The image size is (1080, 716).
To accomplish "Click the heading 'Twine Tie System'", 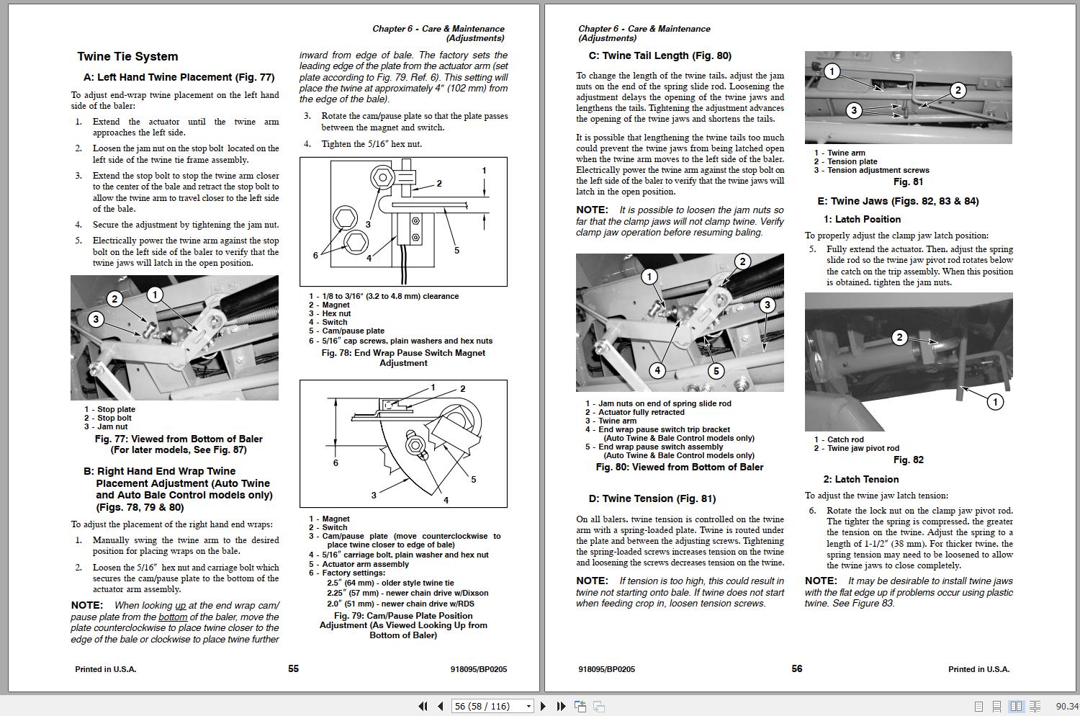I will coord(127,57).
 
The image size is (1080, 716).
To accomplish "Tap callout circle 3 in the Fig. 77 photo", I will coord(96,319).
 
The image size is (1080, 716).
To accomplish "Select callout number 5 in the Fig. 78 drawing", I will coord(456,250).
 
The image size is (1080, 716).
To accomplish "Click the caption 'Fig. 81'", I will coord(908,182).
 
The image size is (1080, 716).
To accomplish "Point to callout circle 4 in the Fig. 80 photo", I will coord(657,370).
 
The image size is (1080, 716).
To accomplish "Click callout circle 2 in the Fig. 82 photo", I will coord(899,337).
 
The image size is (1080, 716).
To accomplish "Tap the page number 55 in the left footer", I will coord(293,669).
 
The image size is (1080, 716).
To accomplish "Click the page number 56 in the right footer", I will coord(796,669).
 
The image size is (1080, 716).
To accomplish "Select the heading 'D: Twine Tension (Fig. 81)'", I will coord(652,498).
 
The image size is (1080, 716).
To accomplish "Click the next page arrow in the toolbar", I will coord(544,707).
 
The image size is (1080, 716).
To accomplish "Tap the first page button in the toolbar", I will coord(423,707).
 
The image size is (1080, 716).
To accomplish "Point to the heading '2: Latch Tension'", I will coord(860,480).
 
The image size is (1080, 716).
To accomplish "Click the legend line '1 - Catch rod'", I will coord(839,439).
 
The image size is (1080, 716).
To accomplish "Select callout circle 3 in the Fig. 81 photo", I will coord(853,110).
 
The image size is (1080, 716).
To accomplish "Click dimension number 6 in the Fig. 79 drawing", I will coord(336,462).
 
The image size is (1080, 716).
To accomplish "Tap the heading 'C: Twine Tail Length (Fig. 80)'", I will coord(660,56).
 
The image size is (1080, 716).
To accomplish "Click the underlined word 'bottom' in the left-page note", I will coord(173,617).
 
